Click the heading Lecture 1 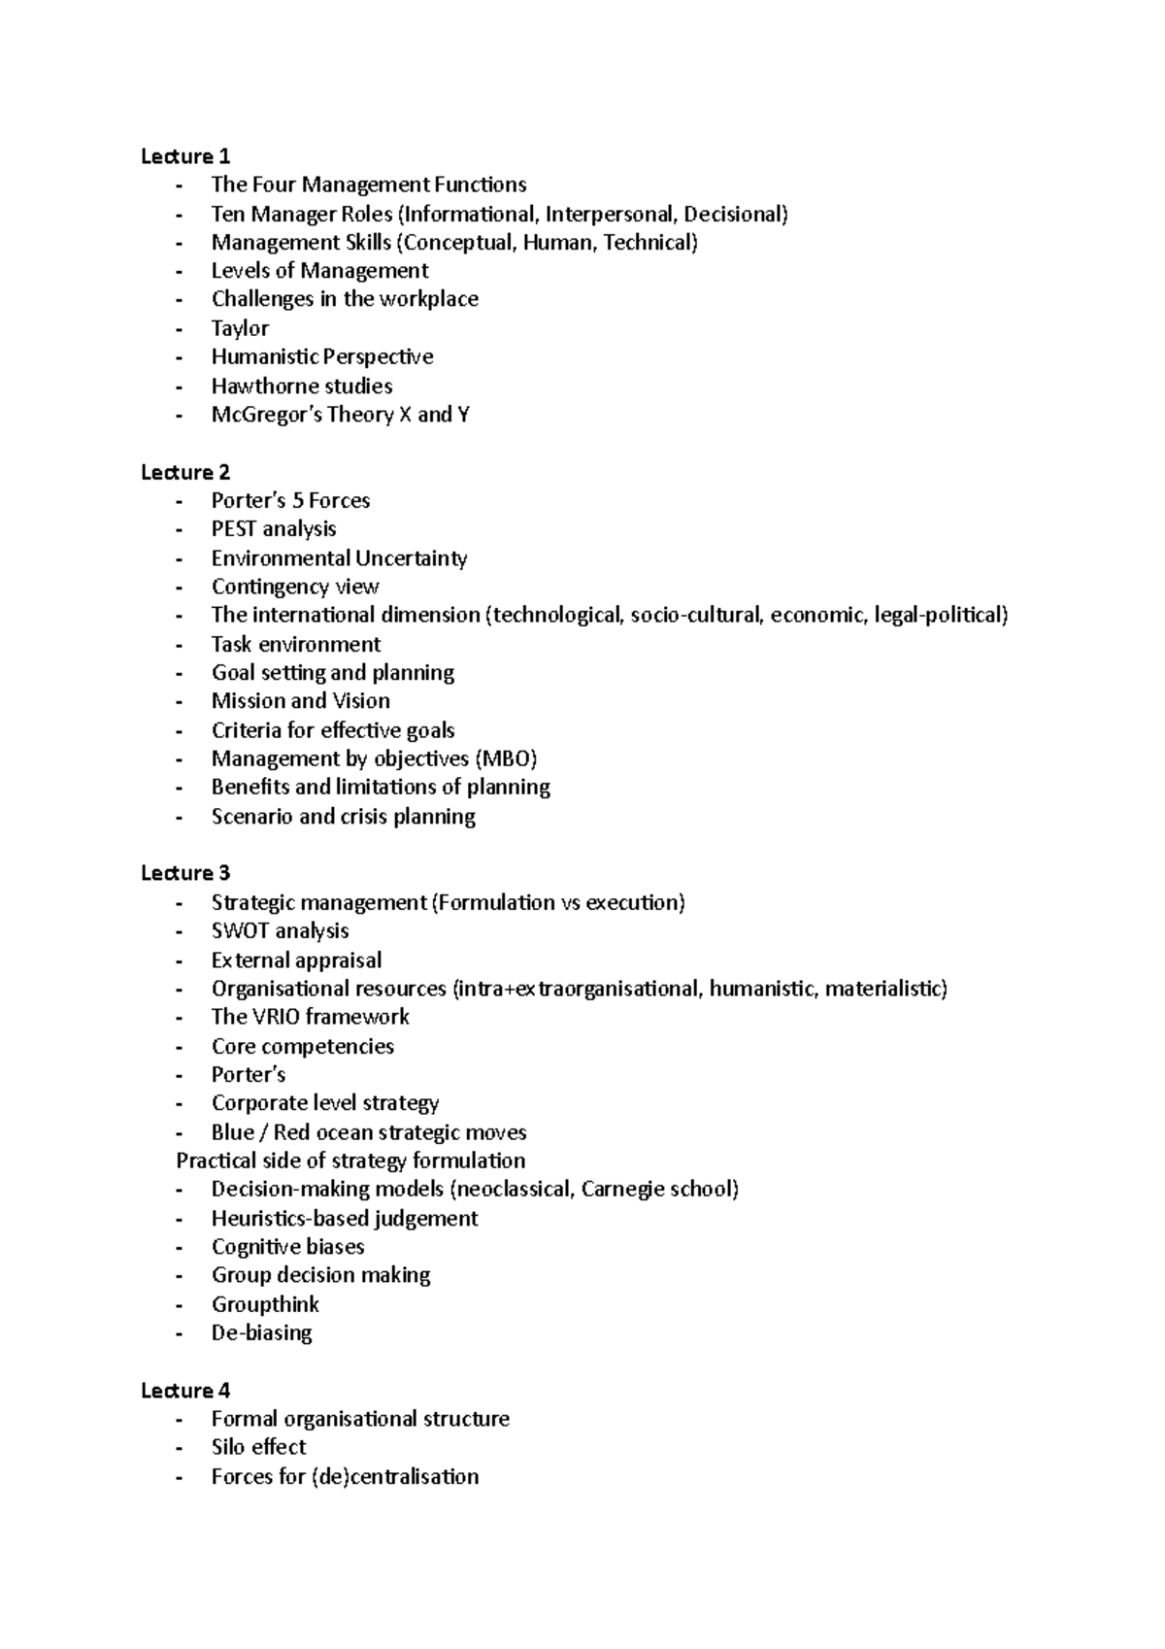[x=184, y=156]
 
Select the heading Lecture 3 [x=184, y=873]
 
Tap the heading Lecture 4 [x=184, y=1391]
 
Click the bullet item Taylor [x=240, y=328]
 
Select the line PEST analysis [x=274, y=529]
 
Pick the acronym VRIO [x=278, y=1017]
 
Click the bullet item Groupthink [x=265, y=1304]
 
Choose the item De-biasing [x=261, y=1332]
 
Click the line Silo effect [x=258, y=1447]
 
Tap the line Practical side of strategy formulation [x=350, y=1161]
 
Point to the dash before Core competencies [x=179, y=1047]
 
